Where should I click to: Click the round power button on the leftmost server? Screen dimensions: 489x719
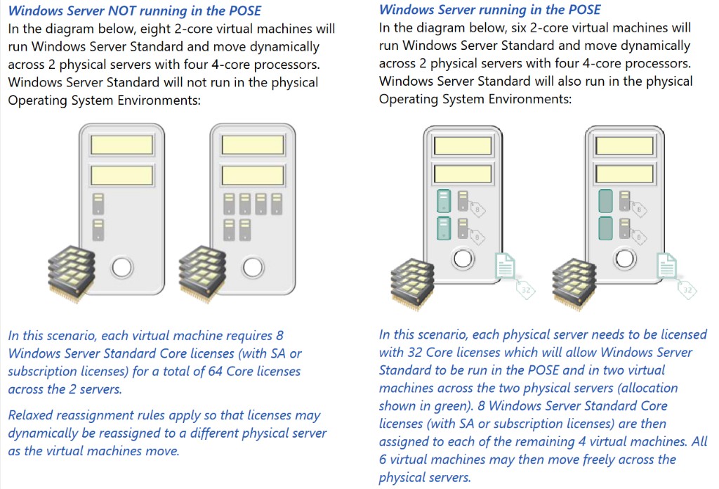(x=122, y=267)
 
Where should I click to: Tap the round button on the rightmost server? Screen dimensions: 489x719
(x=625, y=259)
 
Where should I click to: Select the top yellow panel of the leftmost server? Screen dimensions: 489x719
(x=121, y=145)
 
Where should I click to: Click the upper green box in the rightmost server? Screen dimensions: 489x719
(x=606, y=201)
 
